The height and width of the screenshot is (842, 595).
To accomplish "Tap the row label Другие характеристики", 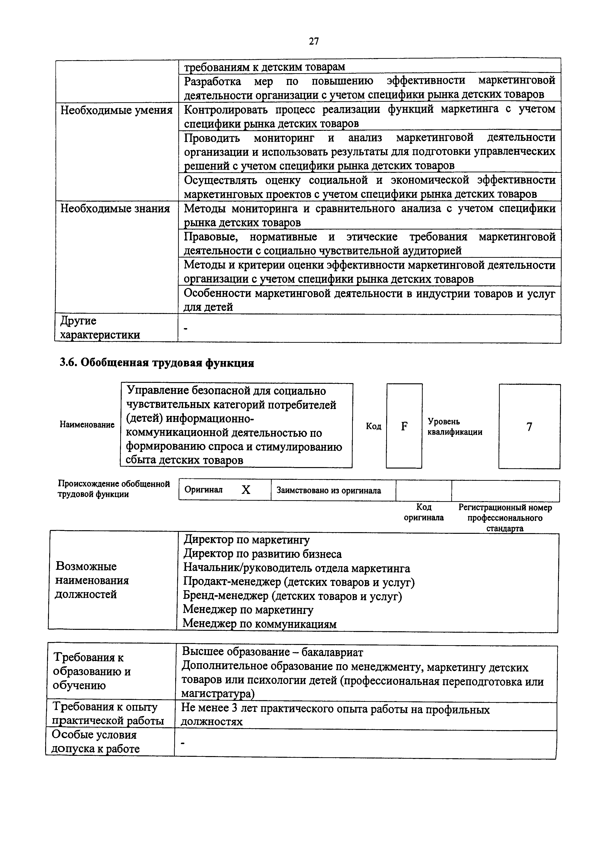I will (100, 328).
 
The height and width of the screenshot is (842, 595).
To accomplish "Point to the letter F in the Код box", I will (404, 426).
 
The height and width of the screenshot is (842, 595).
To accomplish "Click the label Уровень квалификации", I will (455, 427).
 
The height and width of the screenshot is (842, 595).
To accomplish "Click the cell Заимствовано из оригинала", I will (329, 491).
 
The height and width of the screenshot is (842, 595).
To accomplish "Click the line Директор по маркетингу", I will (246, 540).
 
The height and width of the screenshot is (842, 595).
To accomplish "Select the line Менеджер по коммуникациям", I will (259, 624).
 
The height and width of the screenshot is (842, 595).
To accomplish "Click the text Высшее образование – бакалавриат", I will (272, 652).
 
